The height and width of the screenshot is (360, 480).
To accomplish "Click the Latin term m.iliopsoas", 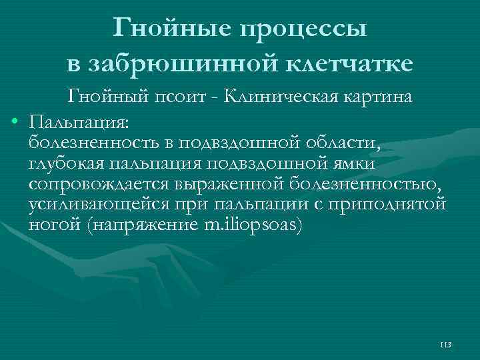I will [x=253, y=225].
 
